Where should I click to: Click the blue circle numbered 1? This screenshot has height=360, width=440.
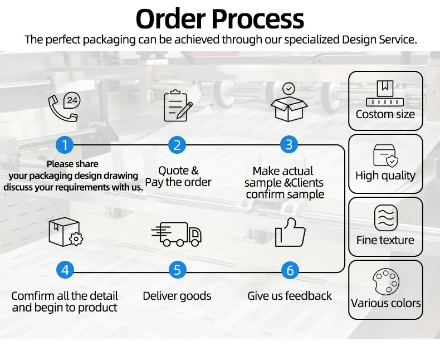65,145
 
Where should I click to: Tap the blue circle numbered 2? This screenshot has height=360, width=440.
177,145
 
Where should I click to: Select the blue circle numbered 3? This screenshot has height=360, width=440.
289,145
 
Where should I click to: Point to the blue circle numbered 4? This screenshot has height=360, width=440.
65,270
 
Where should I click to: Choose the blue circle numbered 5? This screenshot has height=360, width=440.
177,270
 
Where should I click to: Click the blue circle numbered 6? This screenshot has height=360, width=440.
290,270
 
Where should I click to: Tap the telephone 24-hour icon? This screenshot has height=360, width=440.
63,106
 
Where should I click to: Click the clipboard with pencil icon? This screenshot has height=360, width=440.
178,106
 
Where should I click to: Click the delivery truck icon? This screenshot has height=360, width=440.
177,233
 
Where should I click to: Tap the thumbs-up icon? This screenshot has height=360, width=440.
290,232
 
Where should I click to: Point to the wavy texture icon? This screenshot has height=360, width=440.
386,218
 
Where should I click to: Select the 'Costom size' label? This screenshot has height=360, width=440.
385,114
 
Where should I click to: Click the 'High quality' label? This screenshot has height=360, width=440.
385,176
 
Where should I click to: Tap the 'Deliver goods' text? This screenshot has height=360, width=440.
177,296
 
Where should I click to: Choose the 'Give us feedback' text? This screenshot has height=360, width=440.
290,296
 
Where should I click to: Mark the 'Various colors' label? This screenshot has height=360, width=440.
386,304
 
